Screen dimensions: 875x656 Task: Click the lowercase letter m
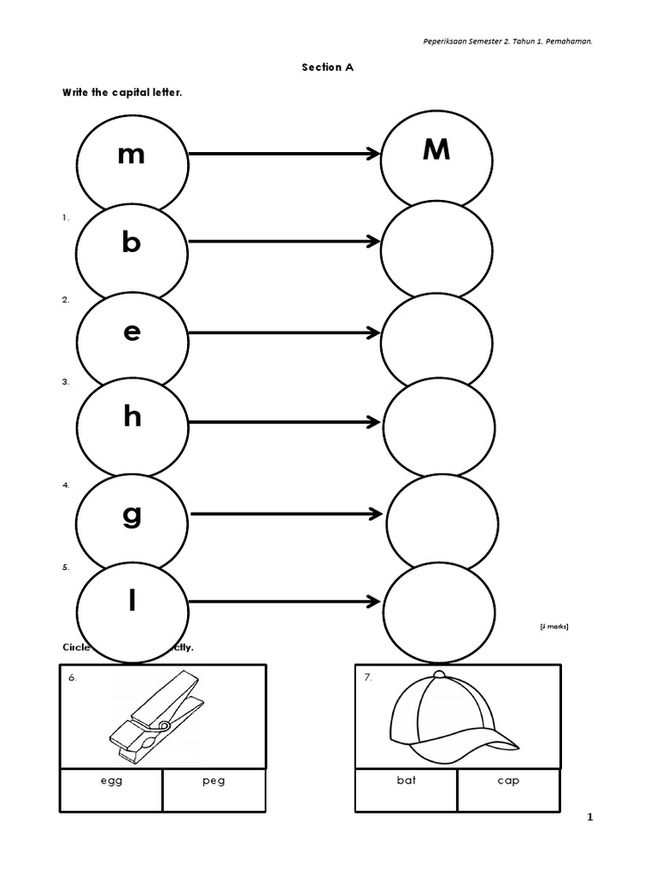(132, 156)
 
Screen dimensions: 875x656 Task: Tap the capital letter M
(436, 150)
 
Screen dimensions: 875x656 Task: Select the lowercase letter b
(131, 243)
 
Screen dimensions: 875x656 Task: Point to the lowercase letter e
(132, 332)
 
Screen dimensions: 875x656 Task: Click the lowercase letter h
(132, 417)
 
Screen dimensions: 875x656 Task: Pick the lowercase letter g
(132, 515)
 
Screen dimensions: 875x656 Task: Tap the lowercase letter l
(132, 601)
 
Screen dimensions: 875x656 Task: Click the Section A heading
(327, 68)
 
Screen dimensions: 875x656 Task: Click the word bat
(406, 780)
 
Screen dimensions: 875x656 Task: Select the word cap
(508, 780)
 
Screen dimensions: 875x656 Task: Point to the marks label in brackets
(553, 627)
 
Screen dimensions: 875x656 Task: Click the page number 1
(589, 818)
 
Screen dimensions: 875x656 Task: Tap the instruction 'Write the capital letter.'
(121, 92)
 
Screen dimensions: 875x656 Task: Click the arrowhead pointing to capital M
(372, 154)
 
